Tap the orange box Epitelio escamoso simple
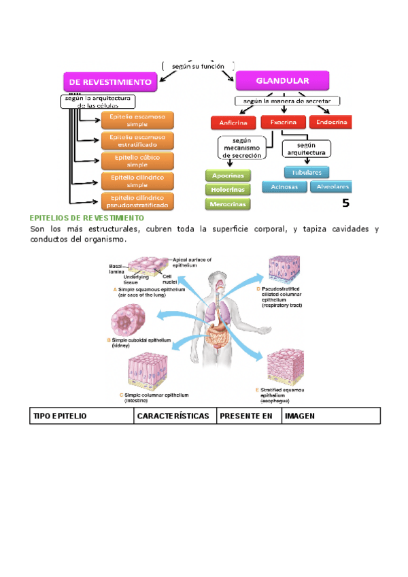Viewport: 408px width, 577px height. click(x=137, y=121)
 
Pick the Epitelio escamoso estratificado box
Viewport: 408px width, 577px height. click(x=137, y=141)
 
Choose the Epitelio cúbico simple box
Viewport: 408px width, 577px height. click(x=137, y=161)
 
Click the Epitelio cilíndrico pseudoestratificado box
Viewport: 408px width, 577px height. click(x=137, y=201)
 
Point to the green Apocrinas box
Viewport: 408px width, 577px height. click(x=228, y=176)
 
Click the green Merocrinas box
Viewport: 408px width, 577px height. click(x=228, y=203)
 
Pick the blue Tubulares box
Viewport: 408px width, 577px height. click(x=307, y=172)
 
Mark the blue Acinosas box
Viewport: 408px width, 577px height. click(x=284, y=186)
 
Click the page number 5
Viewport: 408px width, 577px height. click(x=345, y=202)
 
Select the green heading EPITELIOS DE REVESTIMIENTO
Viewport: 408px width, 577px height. click(x=87, y=218)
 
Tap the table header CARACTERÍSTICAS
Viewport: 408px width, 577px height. click(x=173, y=415)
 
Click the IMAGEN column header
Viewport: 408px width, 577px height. click(x=300, y=415)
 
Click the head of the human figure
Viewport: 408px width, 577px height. click(x=216, y=280)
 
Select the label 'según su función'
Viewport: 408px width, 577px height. click(x=199, y=66)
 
